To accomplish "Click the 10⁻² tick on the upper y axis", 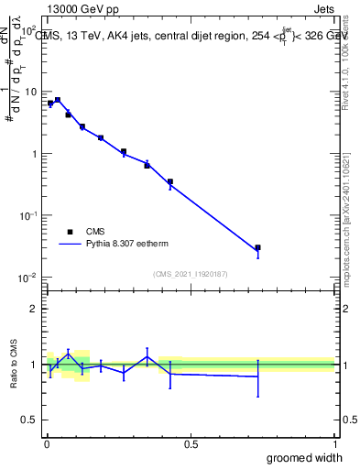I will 29,278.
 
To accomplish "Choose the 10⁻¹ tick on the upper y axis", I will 29,215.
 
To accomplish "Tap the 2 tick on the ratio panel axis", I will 36,309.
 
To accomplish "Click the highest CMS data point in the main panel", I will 58,100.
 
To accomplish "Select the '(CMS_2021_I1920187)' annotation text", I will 190,273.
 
